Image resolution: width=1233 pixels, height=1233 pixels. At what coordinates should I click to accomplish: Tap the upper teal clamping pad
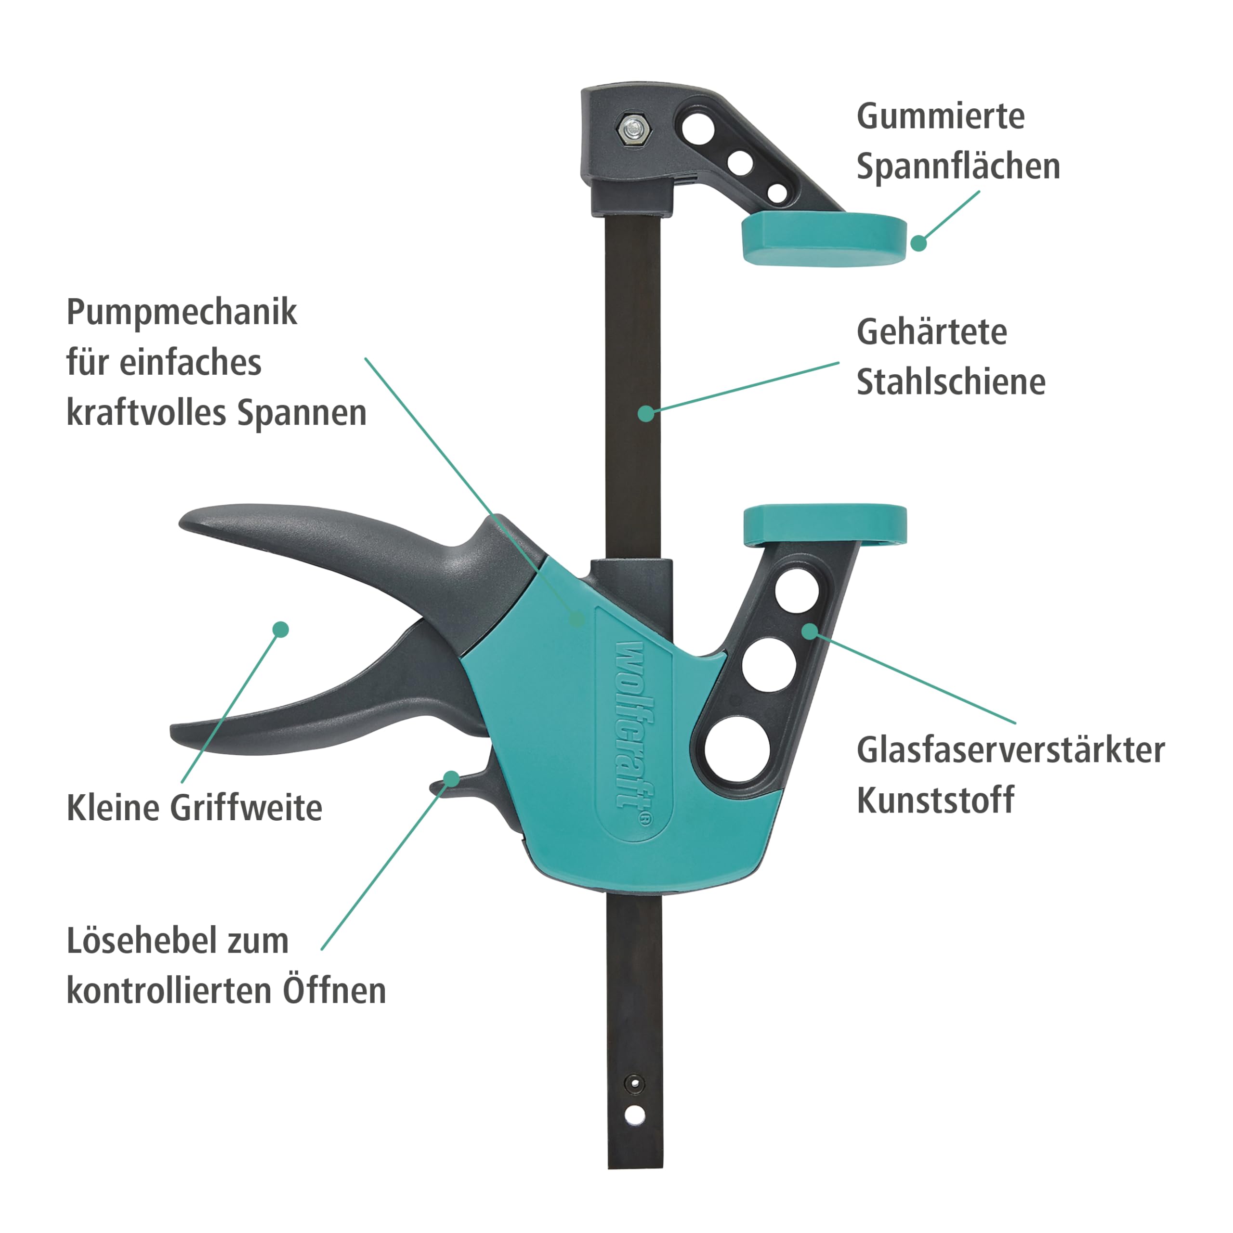pyautogui.click(x=823, y=240)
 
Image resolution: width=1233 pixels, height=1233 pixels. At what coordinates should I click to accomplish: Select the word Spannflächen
pyautogui.click(x=958, y=167)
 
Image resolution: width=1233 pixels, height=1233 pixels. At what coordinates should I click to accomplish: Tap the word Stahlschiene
pyautogui.click(x=951, y=382)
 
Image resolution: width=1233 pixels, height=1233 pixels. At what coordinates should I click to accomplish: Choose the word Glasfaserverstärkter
pyautogui.click(x=1010, y=750)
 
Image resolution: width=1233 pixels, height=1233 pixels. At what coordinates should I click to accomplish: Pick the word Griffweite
pyautogui.click(x=246, y=808)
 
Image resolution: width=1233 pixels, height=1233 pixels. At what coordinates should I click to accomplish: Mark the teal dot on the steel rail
pyautogui.click(x=646, y=414)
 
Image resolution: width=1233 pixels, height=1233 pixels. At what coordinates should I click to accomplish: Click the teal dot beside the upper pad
pyautogui.click(x=918, y=243)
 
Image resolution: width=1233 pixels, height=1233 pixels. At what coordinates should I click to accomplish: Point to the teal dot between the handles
pyautogui.click(x=280, y=630)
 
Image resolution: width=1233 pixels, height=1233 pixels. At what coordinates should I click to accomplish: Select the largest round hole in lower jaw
pyautogui.click(x=738, y=749)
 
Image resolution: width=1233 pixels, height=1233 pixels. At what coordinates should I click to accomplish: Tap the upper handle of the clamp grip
pyautogui.click(x=332, y=542)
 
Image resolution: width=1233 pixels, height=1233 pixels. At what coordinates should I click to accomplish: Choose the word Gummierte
pyautogui.click(x=940, y=116)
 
